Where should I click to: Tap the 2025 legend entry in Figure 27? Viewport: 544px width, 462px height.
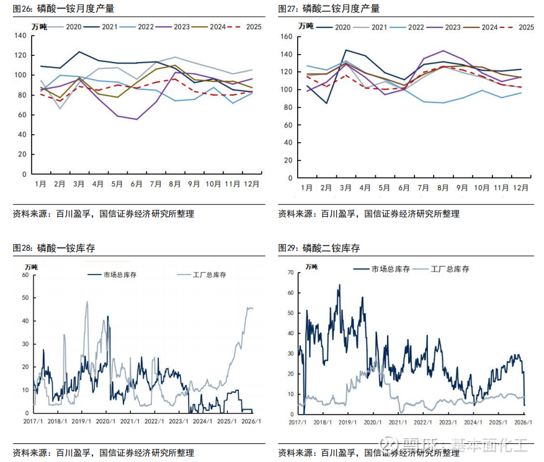(517, 27)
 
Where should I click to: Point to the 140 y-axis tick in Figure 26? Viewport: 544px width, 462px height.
(20, 36)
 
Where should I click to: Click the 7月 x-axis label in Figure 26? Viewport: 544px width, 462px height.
(156, 184)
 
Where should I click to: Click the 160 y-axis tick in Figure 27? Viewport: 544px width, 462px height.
(286, 37)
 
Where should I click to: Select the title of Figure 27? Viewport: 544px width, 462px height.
(329, 9)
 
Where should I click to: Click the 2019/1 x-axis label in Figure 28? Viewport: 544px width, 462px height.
(81, 422)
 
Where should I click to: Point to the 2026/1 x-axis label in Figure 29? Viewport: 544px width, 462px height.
(522, 422)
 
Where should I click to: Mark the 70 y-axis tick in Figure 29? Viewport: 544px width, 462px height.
(290, 273)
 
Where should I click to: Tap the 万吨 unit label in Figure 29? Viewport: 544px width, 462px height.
(311, 267)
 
